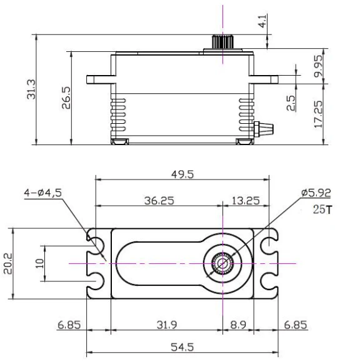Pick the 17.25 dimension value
pyautogui.click(x=319, y=113)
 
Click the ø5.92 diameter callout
pyautogui.click(x=314, y=193)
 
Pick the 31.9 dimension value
pyautogui.click(x=165, y=325)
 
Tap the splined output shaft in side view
pyautogui.click(x=222, y=43)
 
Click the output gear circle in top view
pyautogui.click(x=222, y=263)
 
